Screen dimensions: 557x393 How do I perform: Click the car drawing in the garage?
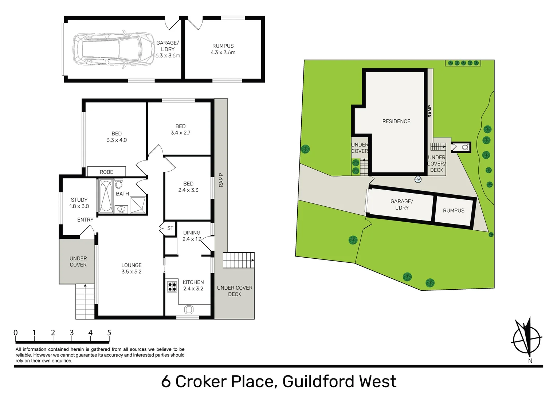114,49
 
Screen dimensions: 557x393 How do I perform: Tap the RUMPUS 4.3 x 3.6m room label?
223,49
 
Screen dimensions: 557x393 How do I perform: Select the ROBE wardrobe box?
106,172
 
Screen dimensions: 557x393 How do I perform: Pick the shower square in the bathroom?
137,205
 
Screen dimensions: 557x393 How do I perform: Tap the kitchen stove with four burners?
172,286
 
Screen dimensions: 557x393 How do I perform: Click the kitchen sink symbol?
189,310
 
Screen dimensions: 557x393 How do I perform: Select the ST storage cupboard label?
170,228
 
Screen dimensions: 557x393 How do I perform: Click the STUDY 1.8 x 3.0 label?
79,203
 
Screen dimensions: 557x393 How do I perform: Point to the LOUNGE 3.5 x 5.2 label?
132,268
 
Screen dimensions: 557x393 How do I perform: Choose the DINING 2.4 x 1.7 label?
192,236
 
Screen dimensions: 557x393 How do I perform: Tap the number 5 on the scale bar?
109,332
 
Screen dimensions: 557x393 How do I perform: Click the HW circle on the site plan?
418,179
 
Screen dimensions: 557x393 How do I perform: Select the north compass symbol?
527,339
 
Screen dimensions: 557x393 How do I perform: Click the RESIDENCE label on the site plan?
396,121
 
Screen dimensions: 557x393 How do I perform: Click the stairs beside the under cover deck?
239,260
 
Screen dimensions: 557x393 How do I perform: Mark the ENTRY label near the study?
85,219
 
